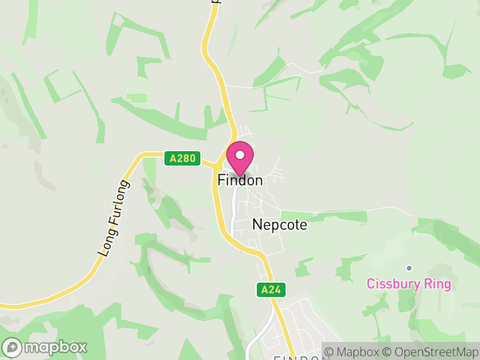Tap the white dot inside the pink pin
click(240, 155)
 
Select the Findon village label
click(240, 180)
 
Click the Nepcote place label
click(280, 225)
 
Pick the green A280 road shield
click(182, 158)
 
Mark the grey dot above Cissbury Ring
click(409, 268)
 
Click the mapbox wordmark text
click(55, 347)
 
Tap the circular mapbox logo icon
click(13, 347)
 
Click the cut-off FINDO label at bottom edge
click(296, 358)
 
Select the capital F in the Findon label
click(221, 180)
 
